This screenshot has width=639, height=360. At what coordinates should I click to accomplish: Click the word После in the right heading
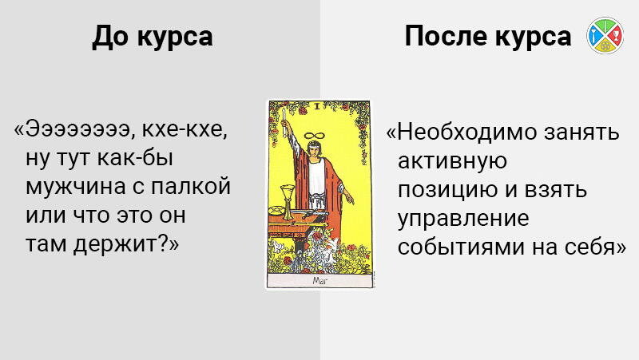(447, 36)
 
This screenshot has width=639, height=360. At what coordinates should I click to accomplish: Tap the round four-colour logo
(605, 35)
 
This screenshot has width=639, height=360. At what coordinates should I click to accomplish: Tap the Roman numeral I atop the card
(317, 107)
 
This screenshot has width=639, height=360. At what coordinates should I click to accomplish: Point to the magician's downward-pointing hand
(349, 199)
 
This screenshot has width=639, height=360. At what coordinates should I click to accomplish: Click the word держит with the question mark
(121, 244)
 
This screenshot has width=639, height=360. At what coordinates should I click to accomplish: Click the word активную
(452, 161)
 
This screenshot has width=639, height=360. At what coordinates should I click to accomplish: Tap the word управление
(463, 219)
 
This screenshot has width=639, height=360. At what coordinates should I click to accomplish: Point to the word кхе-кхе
(184, 129)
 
